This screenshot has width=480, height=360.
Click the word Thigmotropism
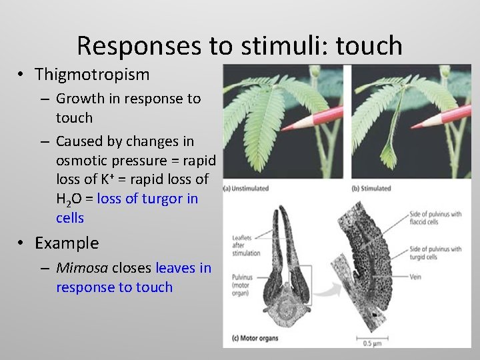point(92,74)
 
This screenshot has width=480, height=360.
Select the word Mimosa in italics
point(82,268)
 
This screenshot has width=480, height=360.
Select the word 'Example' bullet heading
point(67,243)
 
